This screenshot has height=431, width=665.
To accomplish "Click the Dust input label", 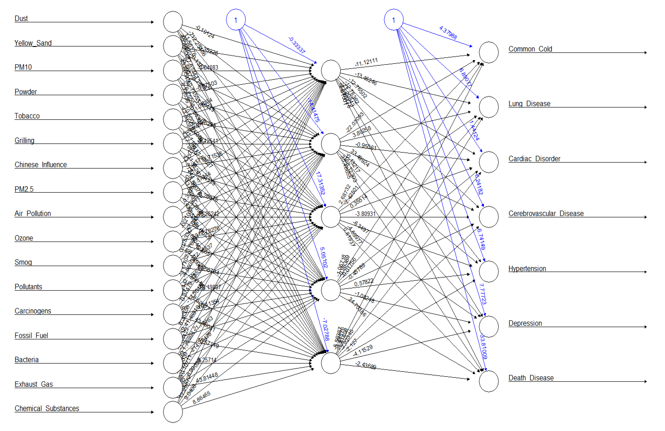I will tap(21, 19).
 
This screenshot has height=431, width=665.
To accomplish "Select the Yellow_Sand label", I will tap(33, 43).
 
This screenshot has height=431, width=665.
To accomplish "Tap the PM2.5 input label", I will tap(24, 189).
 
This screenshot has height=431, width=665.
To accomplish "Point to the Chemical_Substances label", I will tap(47, 409).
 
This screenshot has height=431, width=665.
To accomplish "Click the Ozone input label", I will tap(24, 238).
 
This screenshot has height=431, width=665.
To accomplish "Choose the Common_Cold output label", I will tap(530, 49).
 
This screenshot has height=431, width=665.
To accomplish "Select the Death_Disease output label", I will tap(531, 378).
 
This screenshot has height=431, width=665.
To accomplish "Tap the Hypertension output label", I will tap(527, 269).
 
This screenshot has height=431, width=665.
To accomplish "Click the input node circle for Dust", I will tap(173, 22).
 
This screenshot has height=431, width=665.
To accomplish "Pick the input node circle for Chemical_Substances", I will tap(173, 412).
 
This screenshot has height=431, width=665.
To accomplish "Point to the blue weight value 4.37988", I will tap(448, 33).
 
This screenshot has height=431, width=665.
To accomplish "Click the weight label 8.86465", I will tap(201, 397).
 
